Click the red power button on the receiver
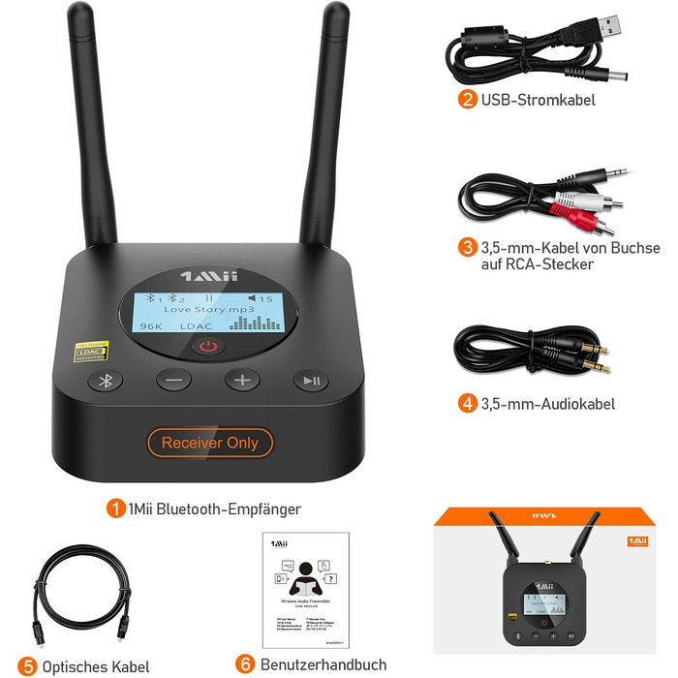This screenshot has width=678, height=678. pos(212,346)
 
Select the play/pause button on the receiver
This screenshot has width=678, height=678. pos(310,380)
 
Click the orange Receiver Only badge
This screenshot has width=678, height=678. pos(210,443)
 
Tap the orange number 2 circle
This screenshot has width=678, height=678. pos(468,99)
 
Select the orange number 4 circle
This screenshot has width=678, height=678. pos(468,403)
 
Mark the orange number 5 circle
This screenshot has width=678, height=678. pos(27,665)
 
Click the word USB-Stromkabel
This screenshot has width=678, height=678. pos(539,99)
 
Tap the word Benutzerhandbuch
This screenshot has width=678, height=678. pos(324,664)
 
